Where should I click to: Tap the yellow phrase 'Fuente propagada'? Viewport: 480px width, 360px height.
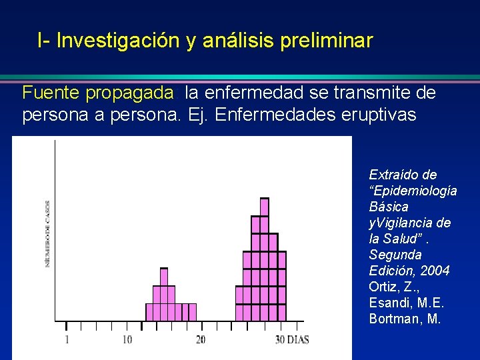99,93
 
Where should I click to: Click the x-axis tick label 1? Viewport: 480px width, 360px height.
67,340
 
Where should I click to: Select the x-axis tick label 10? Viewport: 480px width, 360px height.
127,340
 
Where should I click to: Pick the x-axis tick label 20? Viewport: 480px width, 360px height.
200,340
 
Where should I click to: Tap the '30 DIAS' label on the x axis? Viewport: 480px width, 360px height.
292,340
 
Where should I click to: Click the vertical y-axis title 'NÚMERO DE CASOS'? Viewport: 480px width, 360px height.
47,233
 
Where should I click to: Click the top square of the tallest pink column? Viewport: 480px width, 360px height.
265,207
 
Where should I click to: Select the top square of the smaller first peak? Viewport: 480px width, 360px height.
164,277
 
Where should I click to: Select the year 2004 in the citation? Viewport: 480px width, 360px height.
436,271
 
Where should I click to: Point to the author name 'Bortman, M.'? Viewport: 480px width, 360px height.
405,319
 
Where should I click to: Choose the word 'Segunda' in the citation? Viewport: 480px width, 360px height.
395,255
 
